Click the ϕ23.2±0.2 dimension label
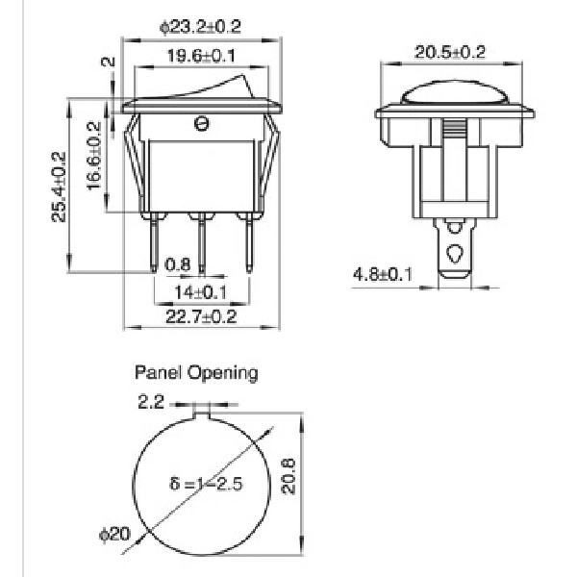[201, 27]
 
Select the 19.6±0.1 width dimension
[201, 56]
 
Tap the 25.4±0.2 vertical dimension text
[59, 187]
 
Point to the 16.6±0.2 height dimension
[94, 156]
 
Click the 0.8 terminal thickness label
[177, 264]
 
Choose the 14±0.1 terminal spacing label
[201, 292]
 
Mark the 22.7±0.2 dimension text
[201, 316]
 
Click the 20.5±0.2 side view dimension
[450, 52]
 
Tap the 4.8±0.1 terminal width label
[383, 274]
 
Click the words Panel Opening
[196, 373]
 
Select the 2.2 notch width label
[151, 401]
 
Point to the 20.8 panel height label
[288, 476]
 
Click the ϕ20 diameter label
[114, 534]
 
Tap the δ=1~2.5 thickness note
[206, 484]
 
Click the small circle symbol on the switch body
[201, 124]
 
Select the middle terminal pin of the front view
[201, 243]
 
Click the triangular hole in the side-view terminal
[455, 253]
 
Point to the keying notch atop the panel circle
[201, 416]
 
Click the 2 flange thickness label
[108, 62]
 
